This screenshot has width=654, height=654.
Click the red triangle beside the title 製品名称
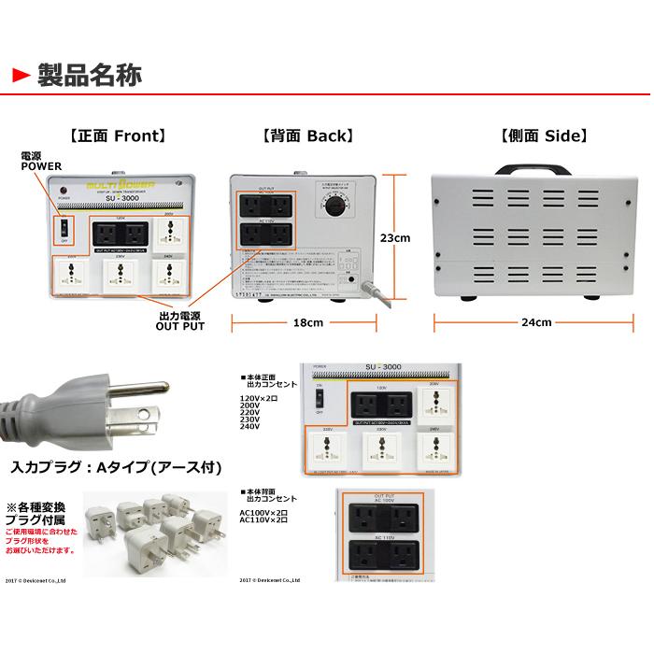pyautogui.click(x=21, y=76)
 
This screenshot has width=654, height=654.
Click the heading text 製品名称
pyautogui.click(x=89, y=76)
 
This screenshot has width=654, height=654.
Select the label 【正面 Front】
pyautogui.click(x=118, y=135)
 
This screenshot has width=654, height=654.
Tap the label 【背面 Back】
pyautogui.click(x=307, y=135)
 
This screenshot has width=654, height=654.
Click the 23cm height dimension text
pyautogui.click(x=395, y=238)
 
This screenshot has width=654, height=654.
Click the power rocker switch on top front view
pyautogui.click(x=64, y=228)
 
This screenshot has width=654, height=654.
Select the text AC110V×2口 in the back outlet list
pyautogui.click(x=266, y=519)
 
